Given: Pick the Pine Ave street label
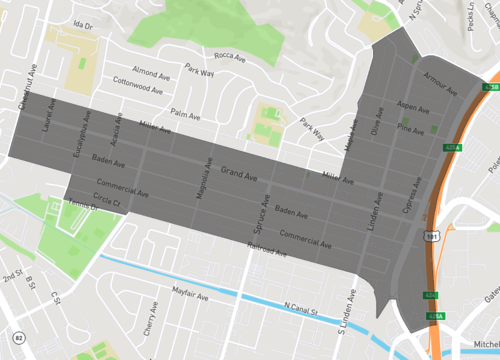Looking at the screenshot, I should pyautogui.click(x=411, y=128).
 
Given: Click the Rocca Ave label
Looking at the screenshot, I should pyautogui.click(x=230, y=58).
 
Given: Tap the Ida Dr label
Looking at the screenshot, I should pyautogui.click(x=82, y=21).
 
